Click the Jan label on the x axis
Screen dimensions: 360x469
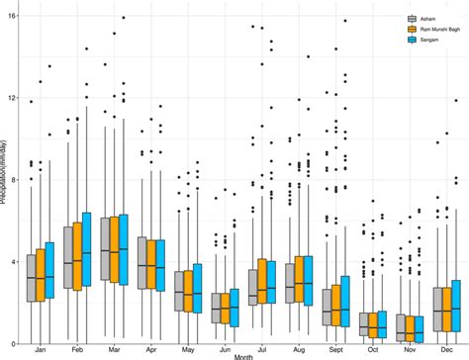[x=41, y=350]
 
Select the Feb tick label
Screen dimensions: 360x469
[x=76, y=350]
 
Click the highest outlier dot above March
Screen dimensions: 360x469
[x=123, y=18]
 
